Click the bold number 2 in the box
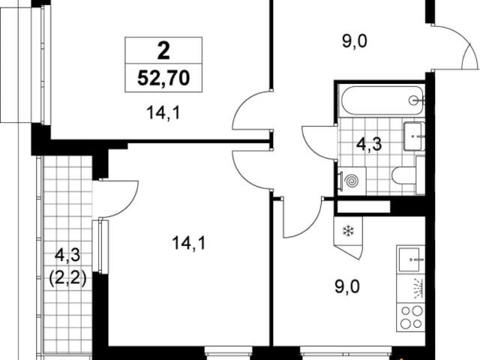point(163,51)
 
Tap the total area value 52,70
point(163,78)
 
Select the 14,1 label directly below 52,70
point(163,113)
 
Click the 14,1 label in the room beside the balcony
point(189,243)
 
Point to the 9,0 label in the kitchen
point(347,287)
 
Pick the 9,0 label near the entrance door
point(355,41)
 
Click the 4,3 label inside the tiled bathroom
point(369,144)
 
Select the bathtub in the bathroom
point(382,100)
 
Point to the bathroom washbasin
point(414,136)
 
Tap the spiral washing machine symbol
point(352,181)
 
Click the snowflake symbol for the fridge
point(347,231)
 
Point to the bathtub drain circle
point(414,100)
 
